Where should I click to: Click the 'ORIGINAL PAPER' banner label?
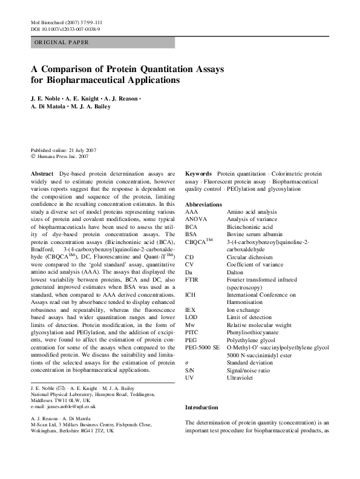(x=61, y=42)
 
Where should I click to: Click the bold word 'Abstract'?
(x=42, y=173)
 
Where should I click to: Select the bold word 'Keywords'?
(x=198, y=173)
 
